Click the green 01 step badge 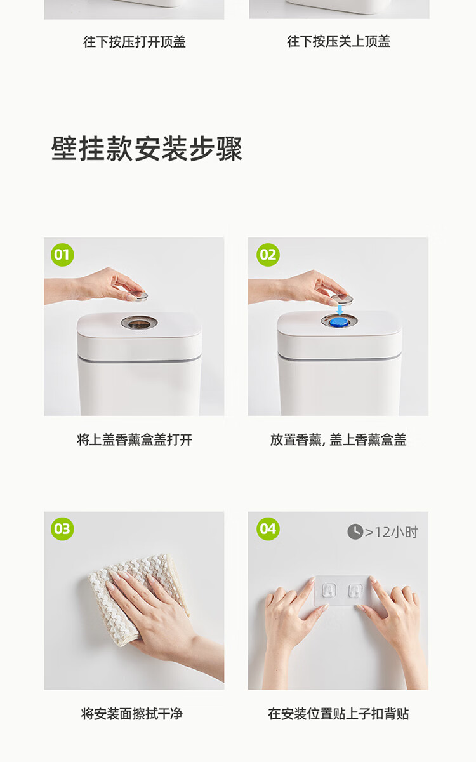[x=62, y=255]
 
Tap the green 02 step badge [x=268, y=255]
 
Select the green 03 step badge [x=62, y=529]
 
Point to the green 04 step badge [x=268, y=529]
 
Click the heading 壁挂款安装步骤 [x=147, y=149]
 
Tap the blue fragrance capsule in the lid [x=339, y=321]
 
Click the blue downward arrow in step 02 [x=340, y=310]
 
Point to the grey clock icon [x=355, y=531]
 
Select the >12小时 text [x=392, y=532]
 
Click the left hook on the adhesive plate [x=329, y=591]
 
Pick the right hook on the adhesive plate [x=355, y=591]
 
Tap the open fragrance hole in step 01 [x=139, y=322]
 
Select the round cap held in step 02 [x=342, y=299]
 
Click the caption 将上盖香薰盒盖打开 [x=135, y=440]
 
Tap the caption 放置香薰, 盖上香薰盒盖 [x=338, y=440]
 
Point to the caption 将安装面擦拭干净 [x=132, y=714]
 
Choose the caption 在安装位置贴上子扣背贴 [x=338, y=714]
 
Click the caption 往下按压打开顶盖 [x=135, y=42]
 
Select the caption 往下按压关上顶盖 [x=339, y=41]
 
